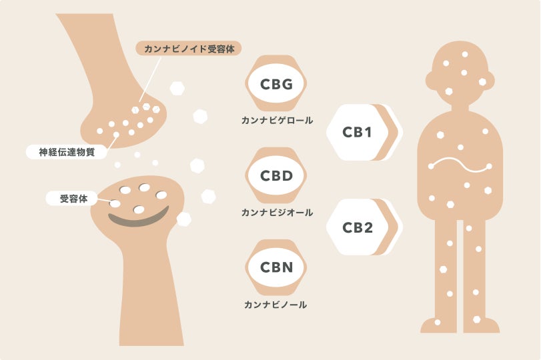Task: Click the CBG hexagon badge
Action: pyautogui.click(x=276, y=83)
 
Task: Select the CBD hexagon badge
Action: pyautogui.click(x=276, y=176)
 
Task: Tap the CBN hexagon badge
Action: pyautogui.click(x=276, y=268)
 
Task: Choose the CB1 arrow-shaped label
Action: pyautogui.click(x=360, y=132)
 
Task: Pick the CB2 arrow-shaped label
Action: pyautogui.click(x=360, y=227)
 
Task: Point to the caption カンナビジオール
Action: pyautogui.click(x=276, y=213)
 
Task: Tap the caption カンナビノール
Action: pyautogui.click(x=276, y=305)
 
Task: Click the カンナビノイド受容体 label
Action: pyautogui.click(x=188, y=49)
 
